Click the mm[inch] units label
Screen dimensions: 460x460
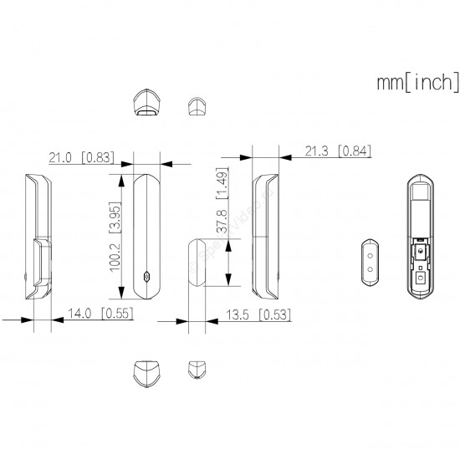tap(418, 83)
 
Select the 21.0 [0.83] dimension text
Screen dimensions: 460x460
tap(81, 157)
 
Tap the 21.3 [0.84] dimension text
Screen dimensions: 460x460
tap(338, 151)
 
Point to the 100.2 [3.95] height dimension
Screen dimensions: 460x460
tap(115, 237)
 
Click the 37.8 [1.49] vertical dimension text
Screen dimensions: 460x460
tap(222, 201)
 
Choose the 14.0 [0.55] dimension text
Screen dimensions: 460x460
tap(100, 314)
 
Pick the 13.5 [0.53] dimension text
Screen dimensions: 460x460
tap(258, 314)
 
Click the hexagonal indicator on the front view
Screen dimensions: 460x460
tap(146, 277)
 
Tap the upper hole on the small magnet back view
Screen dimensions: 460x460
tap(370, 256)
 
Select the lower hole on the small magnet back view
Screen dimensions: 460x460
tap(370, 269)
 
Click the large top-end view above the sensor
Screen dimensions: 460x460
tap(147, 101)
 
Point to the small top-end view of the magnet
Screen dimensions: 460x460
tap(197, 106)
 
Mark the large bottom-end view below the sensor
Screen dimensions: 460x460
tap(146, 374)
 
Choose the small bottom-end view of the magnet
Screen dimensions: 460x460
tap(197, 370)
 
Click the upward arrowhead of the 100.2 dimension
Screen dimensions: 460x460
tap(121, 181)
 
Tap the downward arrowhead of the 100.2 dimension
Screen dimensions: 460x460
tap(121, 293)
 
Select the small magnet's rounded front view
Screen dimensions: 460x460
tap(197, 263)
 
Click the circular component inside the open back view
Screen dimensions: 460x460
tap(422, 251)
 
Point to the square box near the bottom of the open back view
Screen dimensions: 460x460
tap(421, 277)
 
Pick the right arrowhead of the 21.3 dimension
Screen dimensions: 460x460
tap(285, 157)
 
